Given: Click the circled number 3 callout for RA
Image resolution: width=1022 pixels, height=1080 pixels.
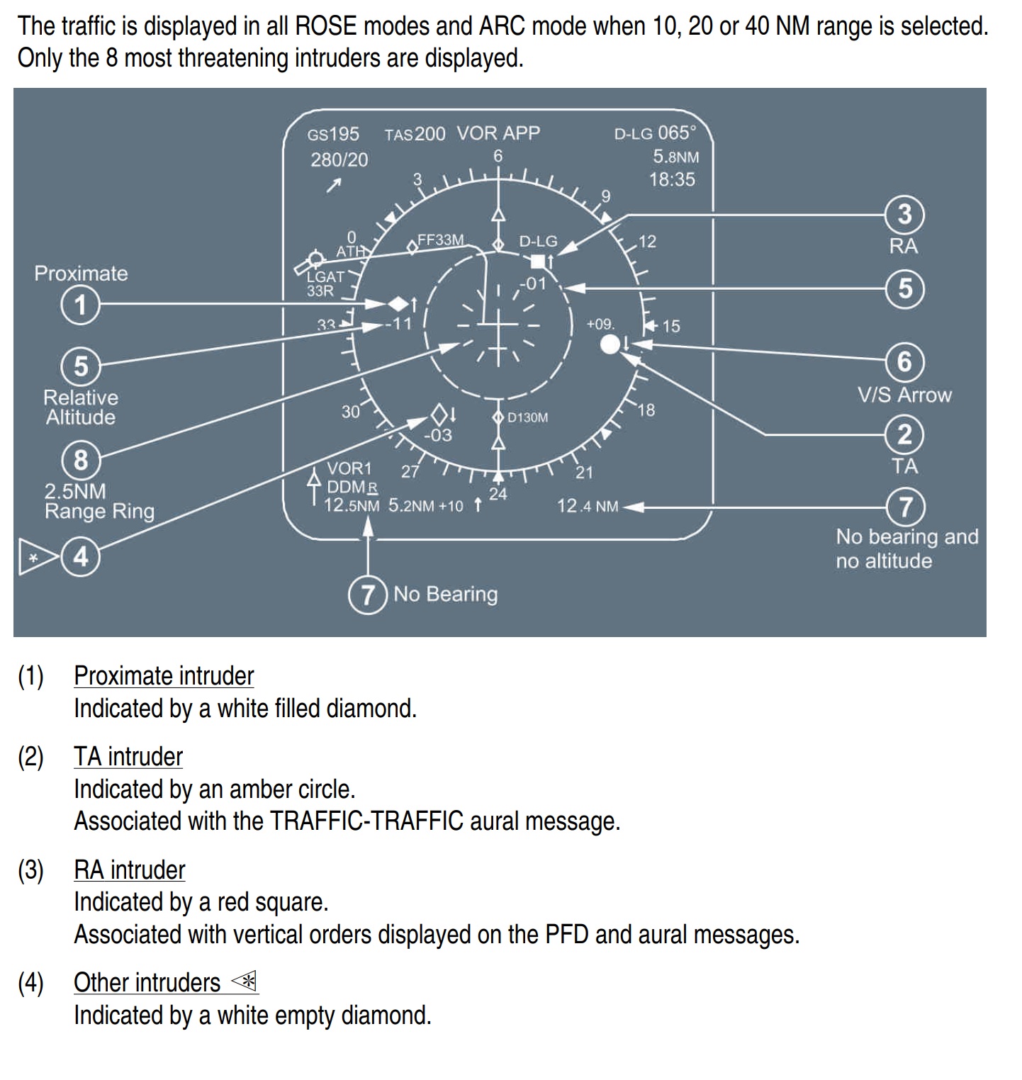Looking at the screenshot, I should (905, 214).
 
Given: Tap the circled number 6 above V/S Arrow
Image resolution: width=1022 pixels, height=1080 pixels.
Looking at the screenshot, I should (905, 361).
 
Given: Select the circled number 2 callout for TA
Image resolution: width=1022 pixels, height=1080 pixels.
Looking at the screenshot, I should (905, 434).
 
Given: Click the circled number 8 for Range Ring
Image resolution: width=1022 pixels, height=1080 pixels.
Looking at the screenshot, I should (81, 460).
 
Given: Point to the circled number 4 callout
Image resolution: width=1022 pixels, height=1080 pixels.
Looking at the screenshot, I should (81, 556).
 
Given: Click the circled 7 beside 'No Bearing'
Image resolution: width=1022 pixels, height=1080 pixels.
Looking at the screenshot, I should (367, 594).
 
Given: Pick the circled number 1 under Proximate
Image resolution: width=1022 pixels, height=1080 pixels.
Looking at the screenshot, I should (81, 305).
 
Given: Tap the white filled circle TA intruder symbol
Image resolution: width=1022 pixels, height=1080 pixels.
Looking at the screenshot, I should (610, 344).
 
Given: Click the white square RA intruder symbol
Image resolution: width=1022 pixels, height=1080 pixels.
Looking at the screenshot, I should (538, 261).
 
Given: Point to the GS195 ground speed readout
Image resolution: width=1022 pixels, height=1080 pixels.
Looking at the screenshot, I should (333, 134).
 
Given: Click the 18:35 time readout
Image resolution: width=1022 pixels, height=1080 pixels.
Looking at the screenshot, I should (672, 179).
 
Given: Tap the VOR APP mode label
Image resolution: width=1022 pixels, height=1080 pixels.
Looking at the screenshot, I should (498, 133).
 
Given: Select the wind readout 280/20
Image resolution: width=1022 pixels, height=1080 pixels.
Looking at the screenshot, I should (339, 160).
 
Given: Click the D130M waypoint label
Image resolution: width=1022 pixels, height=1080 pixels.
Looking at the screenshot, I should (527, 417).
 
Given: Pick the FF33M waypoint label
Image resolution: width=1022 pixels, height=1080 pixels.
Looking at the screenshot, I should (440, 240).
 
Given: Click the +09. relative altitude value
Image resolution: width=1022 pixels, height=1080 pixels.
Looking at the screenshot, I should (600, 324).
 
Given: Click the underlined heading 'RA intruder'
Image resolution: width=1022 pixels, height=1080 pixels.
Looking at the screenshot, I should (130, 870).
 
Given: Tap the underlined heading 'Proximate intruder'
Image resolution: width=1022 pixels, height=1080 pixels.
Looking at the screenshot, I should (164, 675).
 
